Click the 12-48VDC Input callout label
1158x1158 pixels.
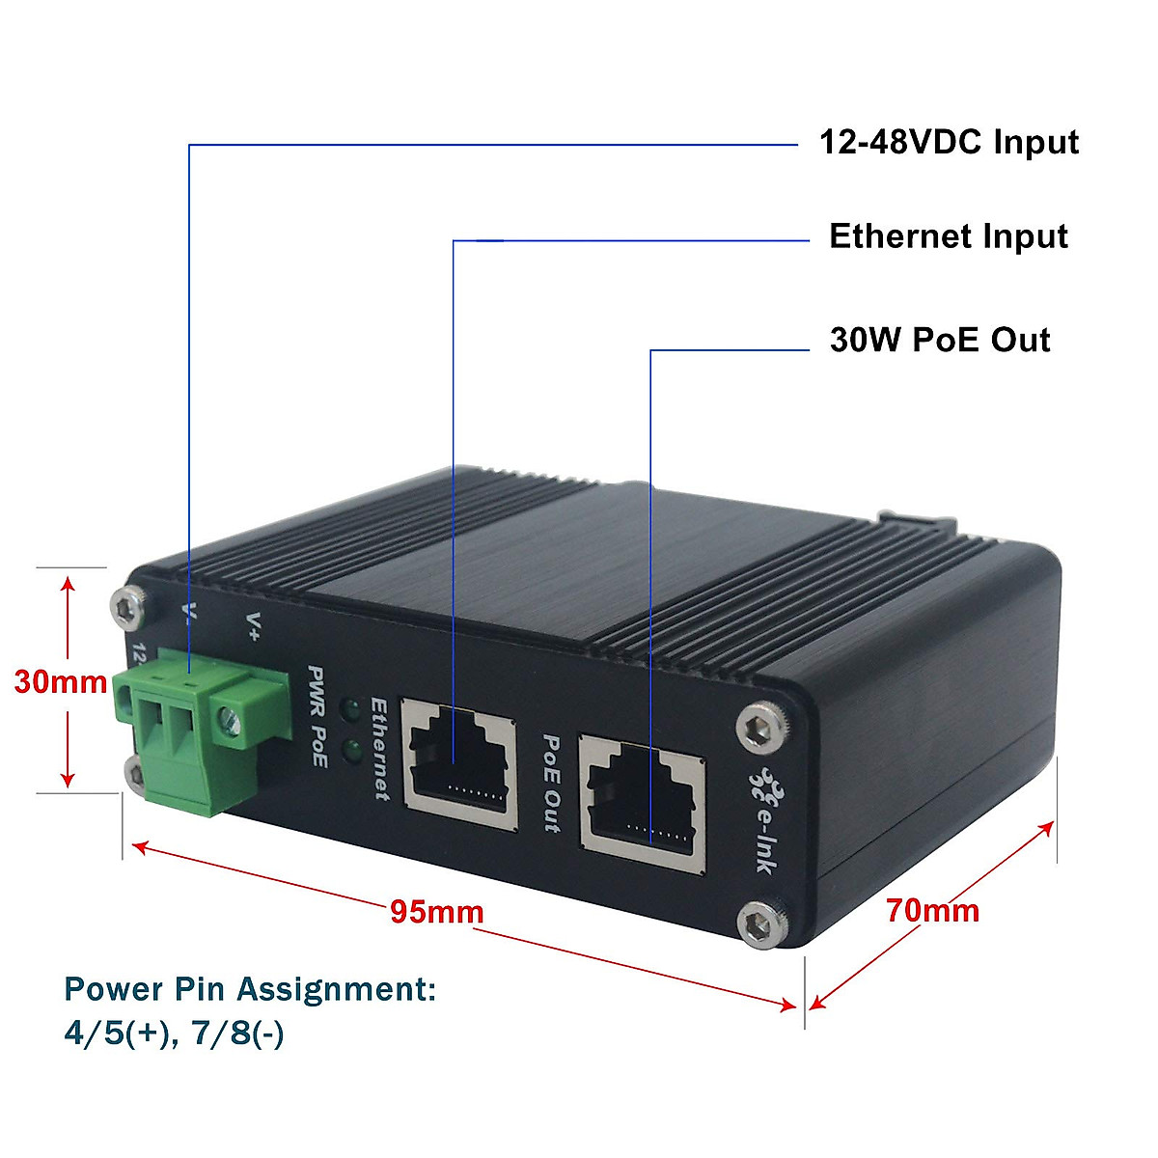tap(949, 143)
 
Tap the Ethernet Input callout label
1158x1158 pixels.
tap(949, 236)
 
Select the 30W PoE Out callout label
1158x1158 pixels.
tap(940, 340)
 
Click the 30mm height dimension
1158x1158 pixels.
tap(60, 682)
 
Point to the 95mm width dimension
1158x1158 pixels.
tap(436, 911)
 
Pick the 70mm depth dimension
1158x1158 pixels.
tap(932, 910)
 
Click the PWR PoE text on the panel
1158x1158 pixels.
tap(317, 715)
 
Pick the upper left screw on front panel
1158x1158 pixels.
tap(124, 607)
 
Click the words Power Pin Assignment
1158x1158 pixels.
tap(250, 989)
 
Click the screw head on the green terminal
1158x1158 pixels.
tap(229, 717)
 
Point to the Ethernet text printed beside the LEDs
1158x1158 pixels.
tap(380, 749)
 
